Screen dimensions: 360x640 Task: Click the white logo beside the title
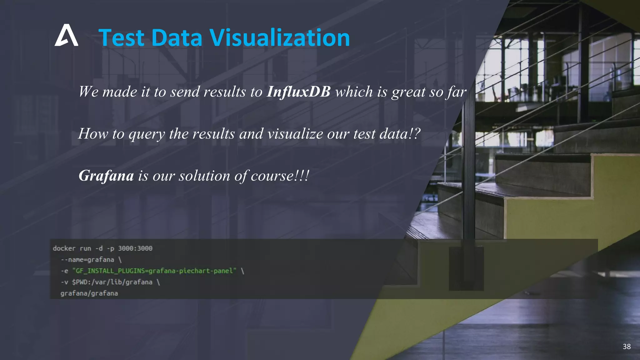click(66, 35)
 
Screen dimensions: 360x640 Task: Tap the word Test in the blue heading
click(122, 38)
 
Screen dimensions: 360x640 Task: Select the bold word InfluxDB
click(298, 92)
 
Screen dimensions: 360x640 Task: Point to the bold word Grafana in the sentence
click(106, 176)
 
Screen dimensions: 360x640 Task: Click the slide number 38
click(627, 346)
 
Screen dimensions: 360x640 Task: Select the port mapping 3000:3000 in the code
click(135, 248)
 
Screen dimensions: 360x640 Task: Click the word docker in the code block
click(64, 248)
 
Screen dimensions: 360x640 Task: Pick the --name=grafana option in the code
click(87, 260)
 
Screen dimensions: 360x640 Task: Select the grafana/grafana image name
click(89, 293)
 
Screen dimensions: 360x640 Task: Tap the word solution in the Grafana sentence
click(205, 176)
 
